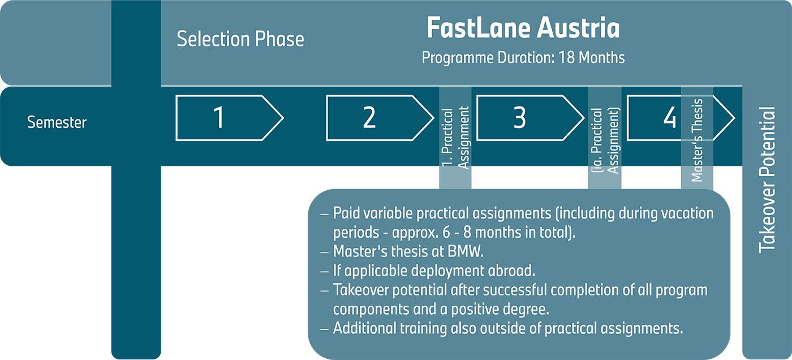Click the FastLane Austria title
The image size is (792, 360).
(523, 29)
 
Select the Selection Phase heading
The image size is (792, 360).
(240, 39)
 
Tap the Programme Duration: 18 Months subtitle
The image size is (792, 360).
(523, 58)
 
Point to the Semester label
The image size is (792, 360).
(57, 122)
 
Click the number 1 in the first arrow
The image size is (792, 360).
(218, 118)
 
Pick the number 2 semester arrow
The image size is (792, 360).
(369, 118)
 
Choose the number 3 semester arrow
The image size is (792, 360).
(519, 118)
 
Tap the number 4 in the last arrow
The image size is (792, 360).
(670, 118)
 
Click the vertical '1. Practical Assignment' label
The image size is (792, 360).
(455, 139)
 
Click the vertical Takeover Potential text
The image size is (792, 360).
(767, 179)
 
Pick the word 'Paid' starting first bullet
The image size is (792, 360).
(345, 214)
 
